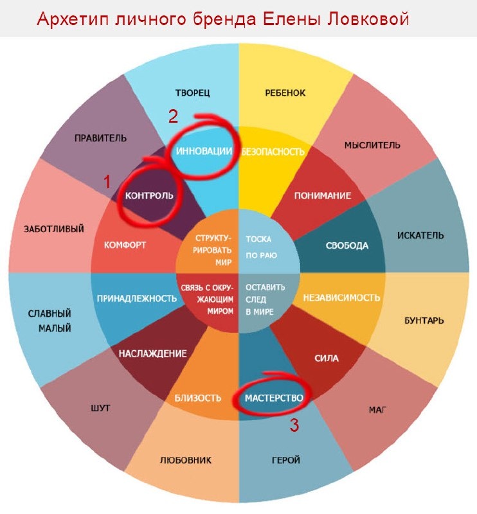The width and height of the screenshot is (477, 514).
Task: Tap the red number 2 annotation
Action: pos(173,116)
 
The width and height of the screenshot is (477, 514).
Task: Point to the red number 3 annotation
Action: pos(294,425)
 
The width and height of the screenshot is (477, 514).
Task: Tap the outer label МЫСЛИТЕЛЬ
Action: pos(372,145)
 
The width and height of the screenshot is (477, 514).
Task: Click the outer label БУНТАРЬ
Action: pos(423,319)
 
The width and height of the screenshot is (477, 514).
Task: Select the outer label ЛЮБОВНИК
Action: pos(186,460)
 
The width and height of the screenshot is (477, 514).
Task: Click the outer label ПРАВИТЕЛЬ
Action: pos(100,138)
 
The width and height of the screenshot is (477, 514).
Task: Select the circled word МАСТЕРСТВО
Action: pos(274,398)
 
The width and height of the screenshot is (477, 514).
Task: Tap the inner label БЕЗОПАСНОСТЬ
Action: pos(272,152)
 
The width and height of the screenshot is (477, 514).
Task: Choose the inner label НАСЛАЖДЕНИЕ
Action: pos(152,353)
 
